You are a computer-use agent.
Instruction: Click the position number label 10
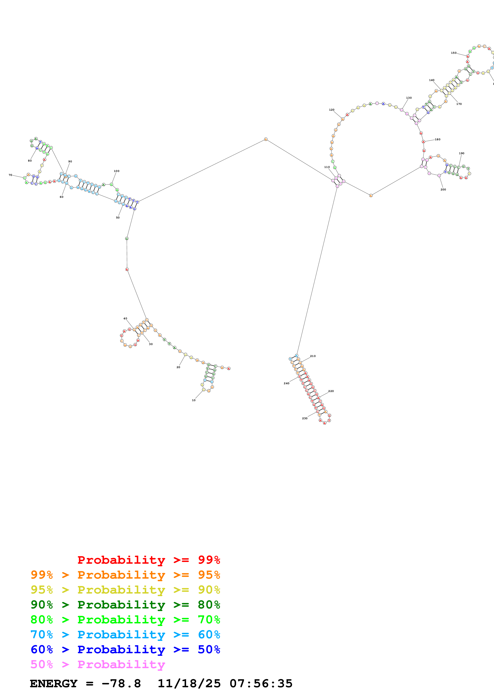pos(193,400)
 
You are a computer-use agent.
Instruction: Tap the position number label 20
pos(178,367)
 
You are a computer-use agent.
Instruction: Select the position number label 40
pos(125,319)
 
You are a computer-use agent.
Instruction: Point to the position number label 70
pos(10,175)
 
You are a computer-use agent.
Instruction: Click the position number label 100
pos(117,171)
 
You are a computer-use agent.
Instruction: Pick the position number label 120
pos(332,110)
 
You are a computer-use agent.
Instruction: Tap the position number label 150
pos(454,53)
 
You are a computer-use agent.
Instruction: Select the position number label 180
pos(438,139)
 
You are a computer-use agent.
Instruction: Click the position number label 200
pos(443,190)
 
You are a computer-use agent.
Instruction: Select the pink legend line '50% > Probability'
pos(98,665)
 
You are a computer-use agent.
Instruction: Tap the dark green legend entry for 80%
pos(125,605)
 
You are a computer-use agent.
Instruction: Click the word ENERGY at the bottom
pos(54,684)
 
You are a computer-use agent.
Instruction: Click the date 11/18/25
pos(189,684)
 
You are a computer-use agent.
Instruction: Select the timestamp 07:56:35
pos(261,684)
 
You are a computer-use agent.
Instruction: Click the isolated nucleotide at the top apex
pos(266,139)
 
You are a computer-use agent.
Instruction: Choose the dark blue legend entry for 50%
pos(125,649)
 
